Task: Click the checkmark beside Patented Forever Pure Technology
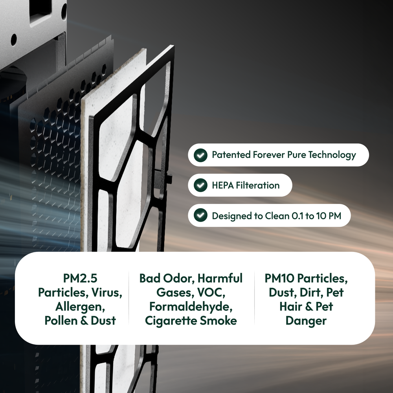click(x=200, y=155)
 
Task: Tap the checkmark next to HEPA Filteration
click(x=200, y=185)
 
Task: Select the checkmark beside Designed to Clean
click(x=200, y=215)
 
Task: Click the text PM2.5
click(x=80, y=278)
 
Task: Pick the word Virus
click(x=107, y=292)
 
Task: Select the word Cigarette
click(x=171, y=321)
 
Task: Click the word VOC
click(x=211, y=292)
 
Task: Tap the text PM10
click(x=280, y=278)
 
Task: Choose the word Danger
click(x=306, y=321)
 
